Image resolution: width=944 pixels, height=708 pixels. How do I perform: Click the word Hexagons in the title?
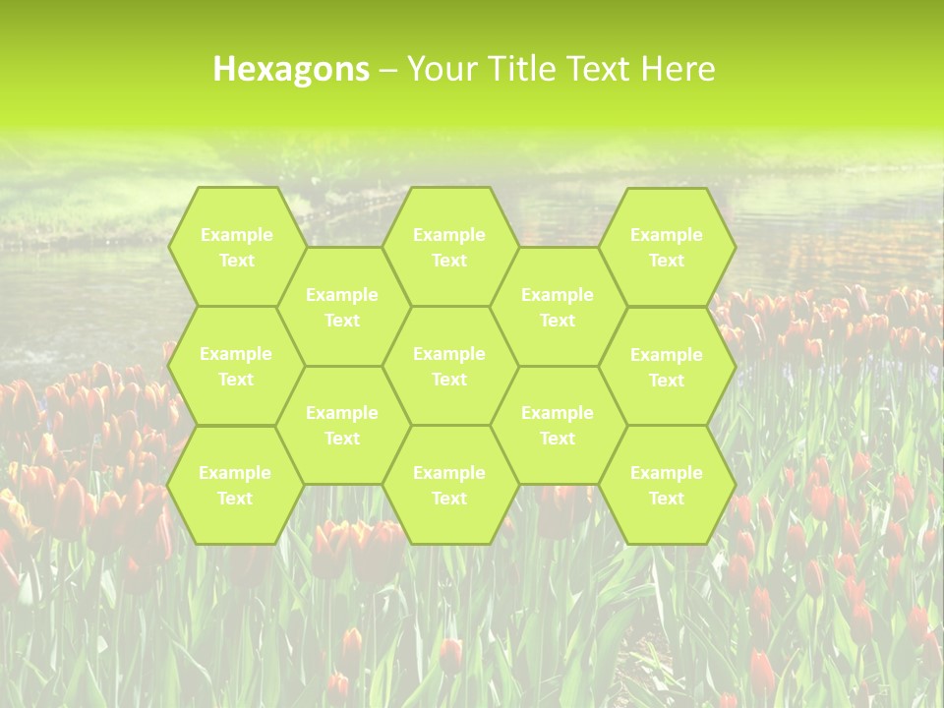291,69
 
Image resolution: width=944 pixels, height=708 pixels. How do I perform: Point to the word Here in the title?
678,69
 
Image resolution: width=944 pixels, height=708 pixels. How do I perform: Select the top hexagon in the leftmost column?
236,247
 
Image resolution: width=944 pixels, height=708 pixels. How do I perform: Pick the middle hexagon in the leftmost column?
236,366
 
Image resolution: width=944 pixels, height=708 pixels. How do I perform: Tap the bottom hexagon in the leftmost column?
236,485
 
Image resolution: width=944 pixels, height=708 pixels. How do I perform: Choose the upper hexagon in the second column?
342,307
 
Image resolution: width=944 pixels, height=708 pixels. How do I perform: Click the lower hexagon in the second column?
342,425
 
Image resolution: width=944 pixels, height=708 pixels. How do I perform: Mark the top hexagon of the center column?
449,247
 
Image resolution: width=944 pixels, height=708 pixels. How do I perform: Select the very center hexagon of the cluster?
449,366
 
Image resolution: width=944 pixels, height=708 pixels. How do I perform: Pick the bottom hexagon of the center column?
449,485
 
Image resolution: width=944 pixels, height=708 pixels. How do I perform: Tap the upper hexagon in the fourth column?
558,307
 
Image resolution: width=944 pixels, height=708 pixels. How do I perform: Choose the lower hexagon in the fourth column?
558,425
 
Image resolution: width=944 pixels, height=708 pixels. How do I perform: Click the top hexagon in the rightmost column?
667,247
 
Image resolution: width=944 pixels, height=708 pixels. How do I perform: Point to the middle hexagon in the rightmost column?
667,367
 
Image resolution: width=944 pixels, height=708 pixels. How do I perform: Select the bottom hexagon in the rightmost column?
667,485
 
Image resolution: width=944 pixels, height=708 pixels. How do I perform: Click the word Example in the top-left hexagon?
236,235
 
